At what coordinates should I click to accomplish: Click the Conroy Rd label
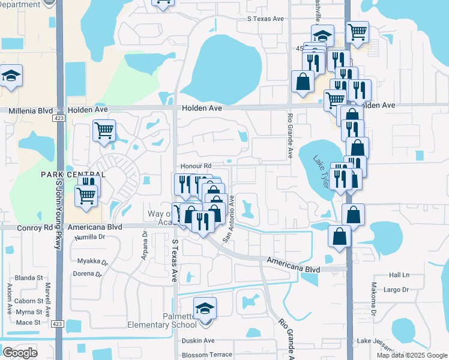19,227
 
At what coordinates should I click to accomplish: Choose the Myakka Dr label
92,262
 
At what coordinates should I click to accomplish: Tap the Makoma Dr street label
373,300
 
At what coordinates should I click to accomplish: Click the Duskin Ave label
198,340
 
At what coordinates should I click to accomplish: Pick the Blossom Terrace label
206,355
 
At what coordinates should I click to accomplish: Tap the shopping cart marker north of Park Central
104,130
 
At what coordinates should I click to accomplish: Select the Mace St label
28,322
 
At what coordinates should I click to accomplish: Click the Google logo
20,353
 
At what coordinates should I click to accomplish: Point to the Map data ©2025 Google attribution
411,355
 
